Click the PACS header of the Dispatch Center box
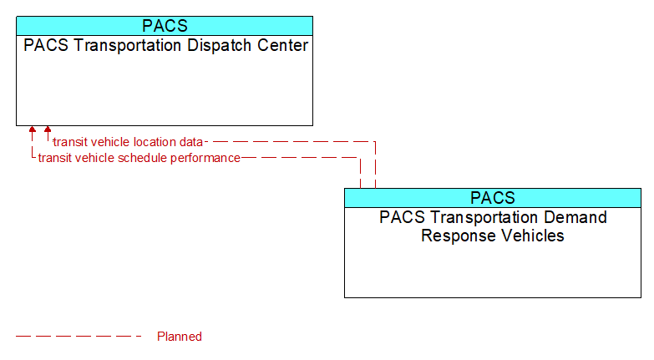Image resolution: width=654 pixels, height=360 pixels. click(x=165, y=26)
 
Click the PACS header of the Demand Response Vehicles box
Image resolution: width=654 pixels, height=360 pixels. click(x=493, y=198)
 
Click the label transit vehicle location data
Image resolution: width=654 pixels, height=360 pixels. click(x=128, y=142)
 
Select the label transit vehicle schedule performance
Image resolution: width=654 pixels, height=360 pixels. click(x=139, y=158)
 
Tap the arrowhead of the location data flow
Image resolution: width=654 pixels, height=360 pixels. click(x=48, y=129)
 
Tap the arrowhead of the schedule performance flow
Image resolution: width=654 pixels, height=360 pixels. click(x=32, y=129)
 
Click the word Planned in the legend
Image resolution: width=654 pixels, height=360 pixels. click(x=180, y=337)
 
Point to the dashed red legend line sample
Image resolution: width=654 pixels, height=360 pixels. click(x=79, y=336)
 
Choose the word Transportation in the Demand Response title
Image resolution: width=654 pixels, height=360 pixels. click(x=484, y=217)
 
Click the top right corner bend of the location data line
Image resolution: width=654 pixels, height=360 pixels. click(x=375, y=142)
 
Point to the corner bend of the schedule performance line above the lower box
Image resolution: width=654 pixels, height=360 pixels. click(x=360, y=158)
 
